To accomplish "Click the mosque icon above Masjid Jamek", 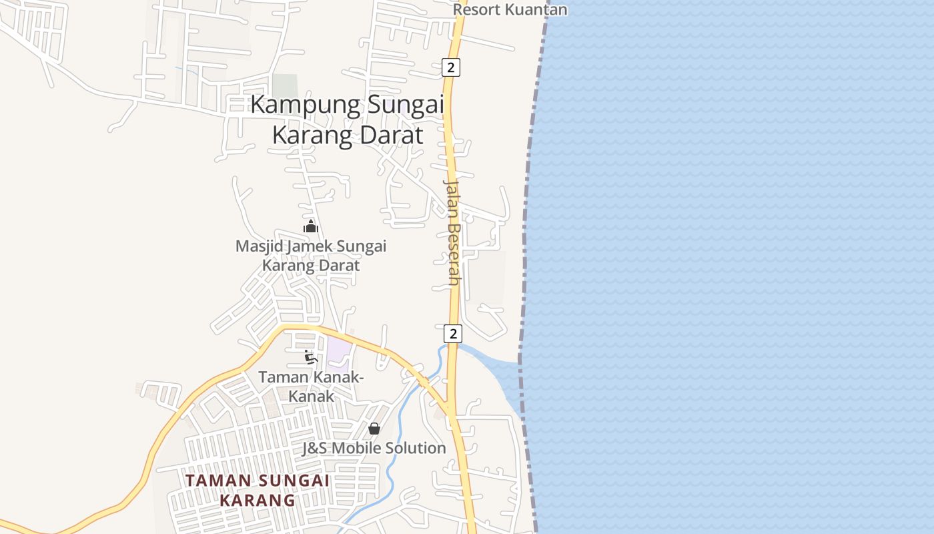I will pos(311,226).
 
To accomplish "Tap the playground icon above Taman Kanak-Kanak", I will pos(311,357).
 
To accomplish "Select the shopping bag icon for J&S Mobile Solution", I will pos(374,428).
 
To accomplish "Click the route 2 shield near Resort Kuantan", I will pos(452,67).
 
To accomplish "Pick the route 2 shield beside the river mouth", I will pos(453,333).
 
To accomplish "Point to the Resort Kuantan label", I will pos(510,9).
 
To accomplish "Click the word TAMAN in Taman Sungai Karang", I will pos(218,480).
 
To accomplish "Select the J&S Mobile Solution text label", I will pos(374,448).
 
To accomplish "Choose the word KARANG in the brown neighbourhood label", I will pos(258,500).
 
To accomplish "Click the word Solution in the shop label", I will pos(413,448).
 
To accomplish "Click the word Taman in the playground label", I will pos(282,377).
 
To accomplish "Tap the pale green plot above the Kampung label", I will pos(285,85).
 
